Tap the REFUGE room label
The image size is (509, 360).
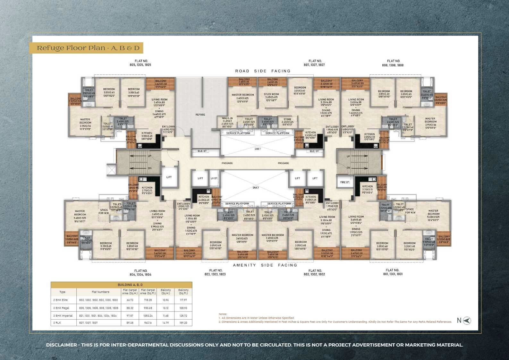click(x=200, y=115)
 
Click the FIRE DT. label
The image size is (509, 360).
click(x=345, y=182)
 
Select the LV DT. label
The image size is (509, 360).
click(x=214, y=178)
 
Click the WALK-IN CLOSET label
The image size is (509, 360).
click(x=227, y=121)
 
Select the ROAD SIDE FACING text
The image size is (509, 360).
click(x=263, y=71)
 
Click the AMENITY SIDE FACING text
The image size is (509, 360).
click(x=265, y=265)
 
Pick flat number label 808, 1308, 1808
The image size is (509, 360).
click(x=393, y=63)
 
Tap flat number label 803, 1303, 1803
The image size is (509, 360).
click(x=216, y=272)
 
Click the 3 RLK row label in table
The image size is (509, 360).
click(x=56, y=323)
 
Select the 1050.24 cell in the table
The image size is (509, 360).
click(x=148, y=315)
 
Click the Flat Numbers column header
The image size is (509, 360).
click(x=100, y=292)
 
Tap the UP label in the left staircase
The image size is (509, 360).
click(x=149, y=156)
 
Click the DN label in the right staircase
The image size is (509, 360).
click(x=348, y=168)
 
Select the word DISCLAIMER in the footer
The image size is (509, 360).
click(x=62, y=345)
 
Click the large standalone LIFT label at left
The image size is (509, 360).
click(x=169, y=177)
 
